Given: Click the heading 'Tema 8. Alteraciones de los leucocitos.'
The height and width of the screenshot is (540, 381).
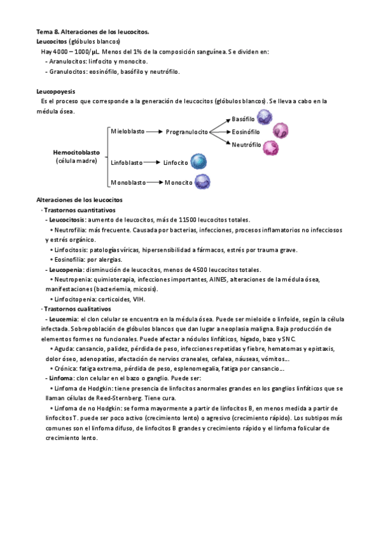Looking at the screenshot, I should (x=93, y=32).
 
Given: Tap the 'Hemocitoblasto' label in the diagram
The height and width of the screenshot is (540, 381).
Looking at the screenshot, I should (x=76, y=153).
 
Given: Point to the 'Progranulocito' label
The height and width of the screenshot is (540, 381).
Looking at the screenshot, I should (x=187, y=132).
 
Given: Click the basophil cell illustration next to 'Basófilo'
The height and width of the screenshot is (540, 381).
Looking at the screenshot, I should (x=264, y=117).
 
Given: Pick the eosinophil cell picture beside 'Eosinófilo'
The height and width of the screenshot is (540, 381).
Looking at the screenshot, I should (x=280, y=131).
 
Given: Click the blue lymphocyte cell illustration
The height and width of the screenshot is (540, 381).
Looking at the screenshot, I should (x=199, y=162).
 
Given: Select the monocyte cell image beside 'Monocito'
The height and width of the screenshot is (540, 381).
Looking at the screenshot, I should (x=202, y=182).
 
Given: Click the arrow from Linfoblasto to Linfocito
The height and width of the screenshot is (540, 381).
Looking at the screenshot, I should (x=153, y=163).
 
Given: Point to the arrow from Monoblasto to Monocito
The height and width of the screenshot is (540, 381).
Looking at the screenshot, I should (x=154, y=183).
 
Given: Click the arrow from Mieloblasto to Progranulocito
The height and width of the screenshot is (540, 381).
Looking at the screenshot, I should (x=154, y=132).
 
